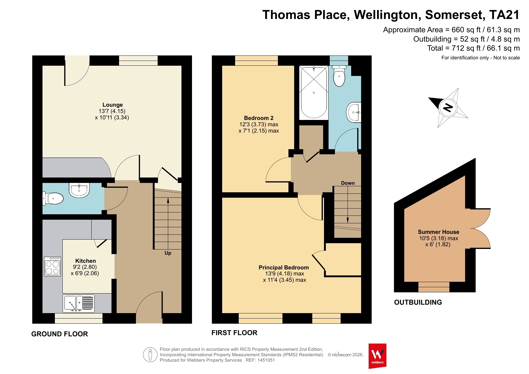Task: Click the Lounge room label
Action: click(x=112, y=105)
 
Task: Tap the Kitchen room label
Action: click(x=86, y=261)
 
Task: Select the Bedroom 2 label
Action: click(x=259, y=118)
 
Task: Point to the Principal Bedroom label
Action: click(x=284, y=268)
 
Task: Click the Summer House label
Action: click(x=439, y=232)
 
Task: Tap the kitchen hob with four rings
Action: click(x=52, y=266)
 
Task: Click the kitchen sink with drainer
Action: click(x=79, y=303)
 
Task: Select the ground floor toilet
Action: click(x=53, y=199)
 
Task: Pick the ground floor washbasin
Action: click(x=79, y=190)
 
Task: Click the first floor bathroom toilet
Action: click(x=339, y=76)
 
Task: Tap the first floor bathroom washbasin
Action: click(x=354, y=112)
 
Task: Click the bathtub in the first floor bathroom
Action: click(x=314, y=93)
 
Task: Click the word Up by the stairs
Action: click(x=168, y=253)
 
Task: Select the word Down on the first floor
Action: click(x=348, y=183)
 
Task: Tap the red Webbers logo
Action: click(x=377, y=356)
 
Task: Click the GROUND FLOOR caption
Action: click(x=60, y=334)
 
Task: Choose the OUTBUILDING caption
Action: click(x=418, y=302)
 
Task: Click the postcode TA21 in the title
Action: click(x=504, y=15)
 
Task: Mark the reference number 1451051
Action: click(x=266, y=360)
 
